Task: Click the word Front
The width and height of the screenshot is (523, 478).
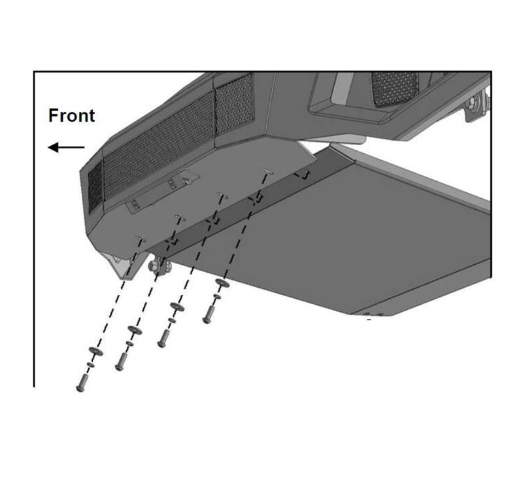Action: [x=71, y=116]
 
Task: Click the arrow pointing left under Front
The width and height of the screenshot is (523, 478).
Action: [x=66, y=147]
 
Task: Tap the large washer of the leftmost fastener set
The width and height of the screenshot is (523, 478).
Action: [x=95, y=351]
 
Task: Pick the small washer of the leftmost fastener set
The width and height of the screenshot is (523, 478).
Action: [x=90, y=365]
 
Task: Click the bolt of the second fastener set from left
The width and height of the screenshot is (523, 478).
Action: [x=121, y=362]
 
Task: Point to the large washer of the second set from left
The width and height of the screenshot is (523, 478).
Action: [x=135, y=330]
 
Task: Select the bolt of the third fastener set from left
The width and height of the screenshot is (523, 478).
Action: [x=163, y=339]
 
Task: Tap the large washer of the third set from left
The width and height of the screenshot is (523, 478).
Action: [x=177, y=307]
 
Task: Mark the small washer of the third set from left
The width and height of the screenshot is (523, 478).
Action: [x=172, y=320]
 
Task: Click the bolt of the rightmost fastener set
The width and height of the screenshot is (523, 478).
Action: [x=209, y=315]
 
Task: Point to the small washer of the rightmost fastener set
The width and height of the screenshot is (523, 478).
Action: [x=217, y=296]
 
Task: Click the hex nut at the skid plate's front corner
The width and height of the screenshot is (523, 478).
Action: [x=154, y=266]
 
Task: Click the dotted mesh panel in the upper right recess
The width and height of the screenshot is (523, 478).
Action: [x=395, y=89]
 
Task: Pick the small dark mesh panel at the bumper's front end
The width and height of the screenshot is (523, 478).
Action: [x=95, y=186]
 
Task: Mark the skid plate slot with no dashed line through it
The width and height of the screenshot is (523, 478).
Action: [x=302, y=175]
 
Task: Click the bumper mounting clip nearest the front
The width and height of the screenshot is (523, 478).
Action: [x=141, y=239]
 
